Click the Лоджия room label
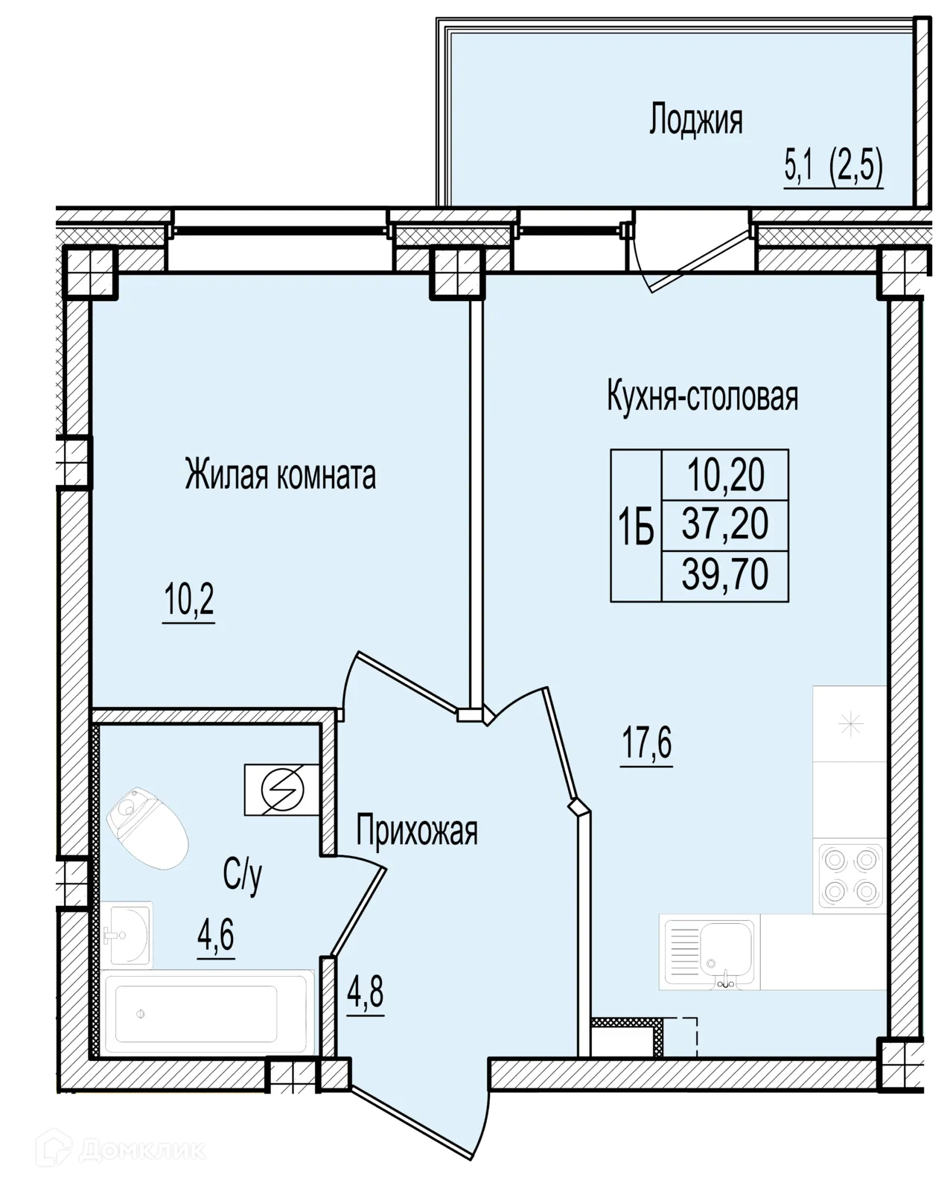[x=695, y=120]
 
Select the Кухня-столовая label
[x=702, y=396]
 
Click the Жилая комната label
[x=280, y=474]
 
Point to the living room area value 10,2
[x=189, y=600]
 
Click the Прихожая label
[x=416, y=831]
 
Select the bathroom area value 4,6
[x=216, y=934]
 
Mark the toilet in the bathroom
[x=147, y=828]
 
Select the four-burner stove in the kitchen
[x=849, y=878]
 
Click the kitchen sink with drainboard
[x=710, y=952]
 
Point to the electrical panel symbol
[x=281, y=789]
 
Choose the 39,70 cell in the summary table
[x=724, y=574]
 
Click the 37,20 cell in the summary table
[x=724, y=524]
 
